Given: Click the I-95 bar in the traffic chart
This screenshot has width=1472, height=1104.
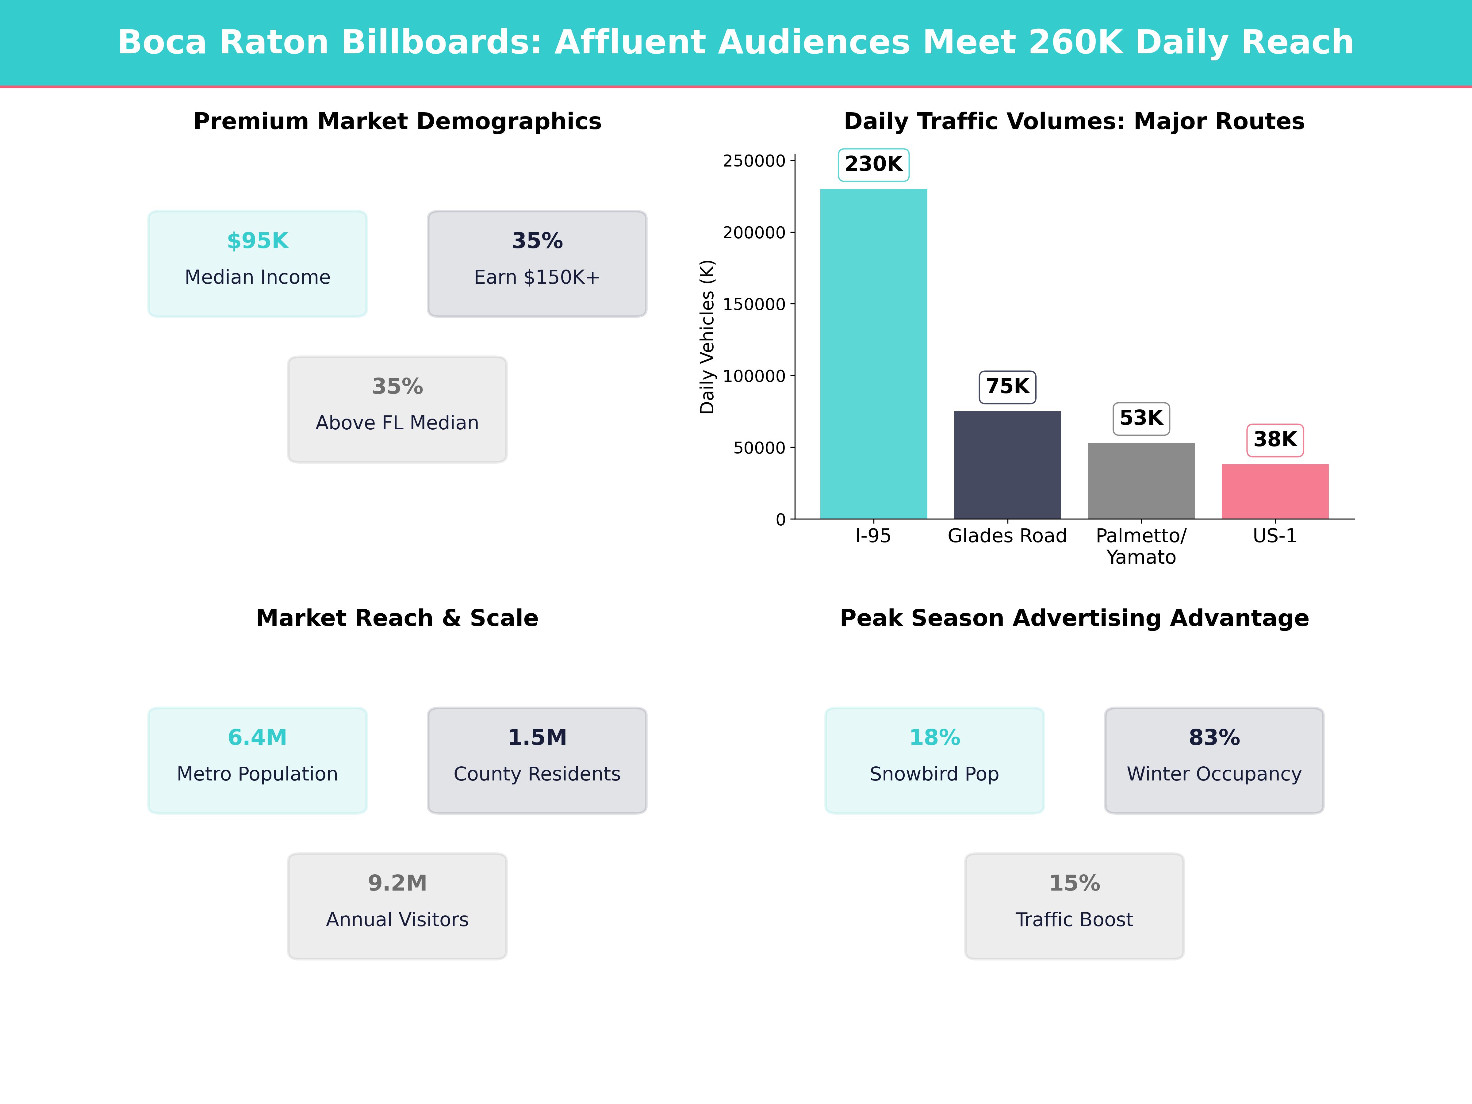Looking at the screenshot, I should tap(873, 353).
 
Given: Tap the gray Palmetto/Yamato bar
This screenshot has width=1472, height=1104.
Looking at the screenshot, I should tap(1141, 481).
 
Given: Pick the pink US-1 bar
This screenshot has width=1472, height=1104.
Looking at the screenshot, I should tap(1275, 491).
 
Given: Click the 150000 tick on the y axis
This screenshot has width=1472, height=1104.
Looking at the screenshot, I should tap(754, 304).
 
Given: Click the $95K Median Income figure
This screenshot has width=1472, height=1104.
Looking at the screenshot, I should tap(258, 241).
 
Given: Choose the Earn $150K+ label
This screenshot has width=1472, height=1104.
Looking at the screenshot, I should tap(537, 277).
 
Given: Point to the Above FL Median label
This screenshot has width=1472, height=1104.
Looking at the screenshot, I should tap(397, 423).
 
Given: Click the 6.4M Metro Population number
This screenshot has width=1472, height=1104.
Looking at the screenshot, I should tap(258, 737).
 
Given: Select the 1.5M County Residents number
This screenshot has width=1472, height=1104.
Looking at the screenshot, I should tap(537, 737).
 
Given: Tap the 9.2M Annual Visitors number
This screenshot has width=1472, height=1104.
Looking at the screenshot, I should tap(397, 883).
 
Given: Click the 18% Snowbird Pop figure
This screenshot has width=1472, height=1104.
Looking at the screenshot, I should tap(934, 737).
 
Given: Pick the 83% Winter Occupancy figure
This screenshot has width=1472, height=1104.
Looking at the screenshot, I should tap(1214, 737).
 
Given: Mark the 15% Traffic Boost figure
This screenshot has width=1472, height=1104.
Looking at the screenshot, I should tap(1074, 883).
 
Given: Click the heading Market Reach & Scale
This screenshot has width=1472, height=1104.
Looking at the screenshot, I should tap(397, 618).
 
